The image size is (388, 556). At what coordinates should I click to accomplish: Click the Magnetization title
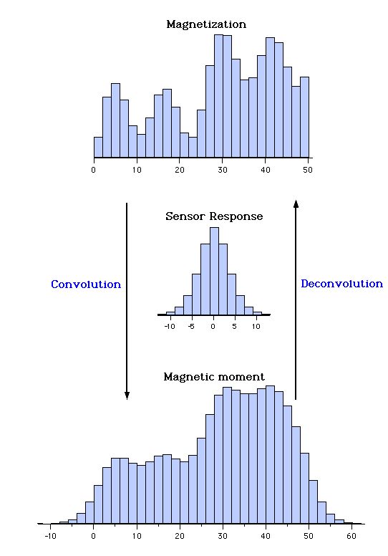206,24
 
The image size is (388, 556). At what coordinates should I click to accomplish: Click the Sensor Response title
214,216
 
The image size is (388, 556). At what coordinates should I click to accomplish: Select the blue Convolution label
86,284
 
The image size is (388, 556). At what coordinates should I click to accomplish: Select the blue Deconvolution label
341,284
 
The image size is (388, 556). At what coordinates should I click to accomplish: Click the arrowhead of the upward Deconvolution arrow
296,205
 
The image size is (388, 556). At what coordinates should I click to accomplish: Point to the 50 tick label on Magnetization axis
309,170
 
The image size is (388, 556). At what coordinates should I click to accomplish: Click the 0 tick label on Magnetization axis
94,170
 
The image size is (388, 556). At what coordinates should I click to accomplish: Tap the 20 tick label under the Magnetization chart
180,170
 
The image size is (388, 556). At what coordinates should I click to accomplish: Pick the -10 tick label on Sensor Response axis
170,326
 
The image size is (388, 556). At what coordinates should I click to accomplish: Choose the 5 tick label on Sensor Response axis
234,326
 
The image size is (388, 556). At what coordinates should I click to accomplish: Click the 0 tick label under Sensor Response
213,326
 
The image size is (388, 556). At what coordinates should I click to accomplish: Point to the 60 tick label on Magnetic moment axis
351,535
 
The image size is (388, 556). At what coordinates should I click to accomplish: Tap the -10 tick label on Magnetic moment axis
50,535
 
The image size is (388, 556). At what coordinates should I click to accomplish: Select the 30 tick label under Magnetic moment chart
223,535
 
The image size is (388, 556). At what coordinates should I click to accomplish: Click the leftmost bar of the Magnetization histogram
98,147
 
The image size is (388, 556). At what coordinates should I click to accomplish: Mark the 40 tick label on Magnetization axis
266,170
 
